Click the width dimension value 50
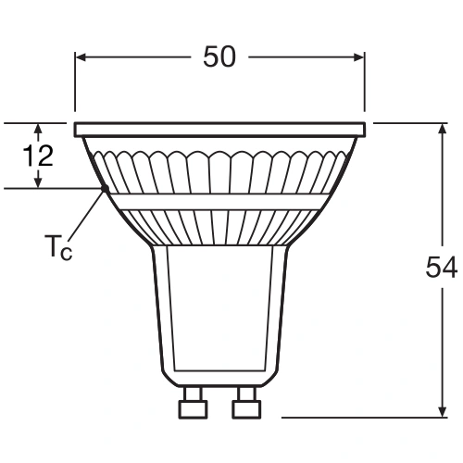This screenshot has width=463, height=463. pyautogui.click(x=219, y=57)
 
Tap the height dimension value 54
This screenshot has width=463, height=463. pyautogui.click(x=441, y=268)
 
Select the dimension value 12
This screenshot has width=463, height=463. pyautogui.click(x=39, y=156)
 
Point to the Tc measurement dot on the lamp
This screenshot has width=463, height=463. pyautogui.click(x=104, y=189)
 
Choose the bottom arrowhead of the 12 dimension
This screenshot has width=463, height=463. pyautogui.click(x=39, y=183)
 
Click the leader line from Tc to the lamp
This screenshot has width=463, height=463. pyautogui.click(x=85, y=215)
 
